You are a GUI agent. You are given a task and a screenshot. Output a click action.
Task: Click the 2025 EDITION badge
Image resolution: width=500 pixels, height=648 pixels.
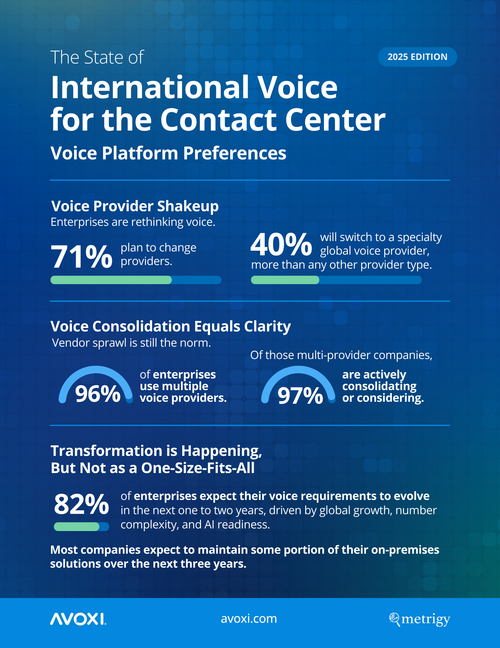(x=417, y=57)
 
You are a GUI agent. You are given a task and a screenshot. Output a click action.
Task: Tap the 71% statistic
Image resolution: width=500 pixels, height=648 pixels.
(x=82, y=257)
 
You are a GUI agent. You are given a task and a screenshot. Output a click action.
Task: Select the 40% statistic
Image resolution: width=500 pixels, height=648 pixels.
(x=281, y=245)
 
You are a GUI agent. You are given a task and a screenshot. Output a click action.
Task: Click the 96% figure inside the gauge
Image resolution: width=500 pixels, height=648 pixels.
(x=98, y=394)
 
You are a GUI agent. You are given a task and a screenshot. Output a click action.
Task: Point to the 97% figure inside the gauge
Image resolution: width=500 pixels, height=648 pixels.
(x=300, y=396)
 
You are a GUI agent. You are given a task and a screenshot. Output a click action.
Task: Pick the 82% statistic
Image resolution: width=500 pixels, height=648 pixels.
(x=82, y=504)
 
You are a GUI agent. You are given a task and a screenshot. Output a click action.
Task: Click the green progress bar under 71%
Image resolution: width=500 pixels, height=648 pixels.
(x=111, y=280)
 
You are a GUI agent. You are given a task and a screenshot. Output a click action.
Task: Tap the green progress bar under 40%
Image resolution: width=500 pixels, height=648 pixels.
(x=285, y=280)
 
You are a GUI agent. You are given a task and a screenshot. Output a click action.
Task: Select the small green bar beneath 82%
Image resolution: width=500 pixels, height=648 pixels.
(x=77, y=526)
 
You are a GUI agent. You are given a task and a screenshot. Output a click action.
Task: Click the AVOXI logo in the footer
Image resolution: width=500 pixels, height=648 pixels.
(x=78, y=619)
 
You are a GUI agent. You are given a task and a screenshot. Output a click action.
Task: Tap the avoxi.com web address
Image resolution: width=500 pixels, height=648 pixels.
(x=249, y=619)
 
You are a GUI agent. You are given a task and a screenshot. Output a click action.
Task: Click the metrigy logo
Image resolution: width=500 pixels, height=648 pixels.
(x=419, y=619)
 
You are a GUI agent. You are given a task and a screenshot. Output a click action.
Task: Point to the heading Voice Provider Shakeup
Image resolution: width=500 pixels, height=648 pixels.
(x=135, y=206)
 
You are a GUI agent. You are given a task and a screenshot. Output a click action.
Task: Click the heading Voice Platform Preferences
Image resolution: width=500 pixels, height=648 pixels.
(x=168, y=153)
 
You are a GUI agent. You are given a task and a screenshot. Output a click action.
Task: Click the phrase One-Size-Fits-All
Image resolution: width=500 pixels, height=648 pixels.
(x=198, y=468)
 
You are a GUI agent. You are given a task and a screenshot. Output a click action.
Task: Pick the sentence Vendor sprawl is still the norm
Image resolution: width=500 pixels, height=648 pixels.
(x=131, y=343)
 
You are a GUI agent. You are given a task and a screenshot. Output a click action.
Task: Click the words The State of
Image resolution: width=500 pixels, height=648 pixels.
(x=97, y=57)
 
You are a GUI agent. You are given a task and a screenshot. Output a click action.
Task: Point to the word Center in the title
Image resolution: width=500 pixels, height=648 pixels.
(x=335, y=120)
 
